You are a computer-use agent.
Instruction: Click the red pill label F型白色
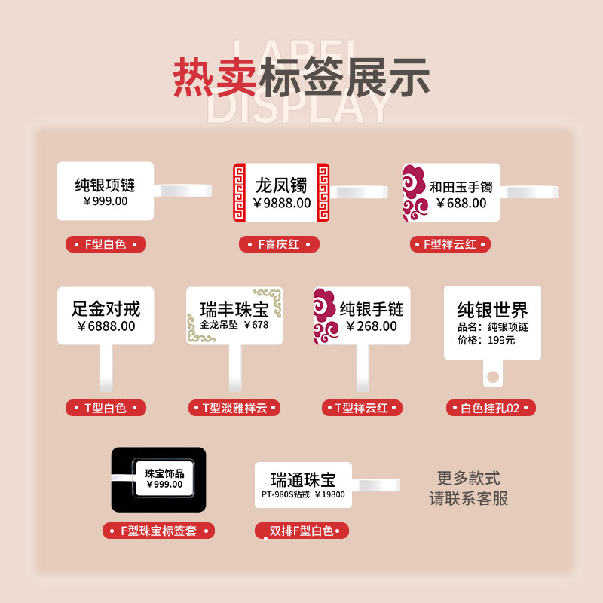click(106, 244)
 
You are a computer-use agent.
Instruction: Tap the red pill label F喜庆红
click(279, 244)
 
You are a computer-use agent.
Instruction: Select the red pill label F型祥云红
click(451, 244)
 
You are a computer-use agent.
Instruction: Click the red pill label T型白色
click(106, 408)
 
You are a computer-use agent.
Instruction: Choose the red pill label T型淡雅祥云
click(234, 408)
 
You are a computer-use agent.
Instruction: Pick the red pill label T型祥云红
click(363, 408)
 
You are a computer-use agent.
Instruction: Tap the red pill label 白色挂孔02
click(491, 408)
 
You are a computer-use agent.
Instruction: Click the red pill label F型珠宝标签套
click(158, 531)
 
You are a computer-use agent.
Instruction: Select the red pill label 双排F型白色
click(301, 531)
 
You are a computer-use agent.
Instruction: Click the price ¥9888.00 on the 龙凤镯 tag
click(282, 203)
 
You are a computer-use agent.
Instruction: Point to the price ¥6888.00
click(106, 326)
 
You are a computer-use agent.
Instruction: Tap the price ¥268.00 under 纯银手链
click(372, 326)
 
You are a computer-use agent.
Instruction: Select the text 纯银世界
click(492, 310)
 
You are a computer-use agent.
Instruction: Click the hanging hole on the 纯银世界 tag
click(492, 375)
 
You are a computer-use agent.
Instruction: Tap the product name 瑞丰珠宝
click(234, 309)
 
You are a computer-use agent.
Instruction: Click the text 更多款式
click(468, 479)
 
